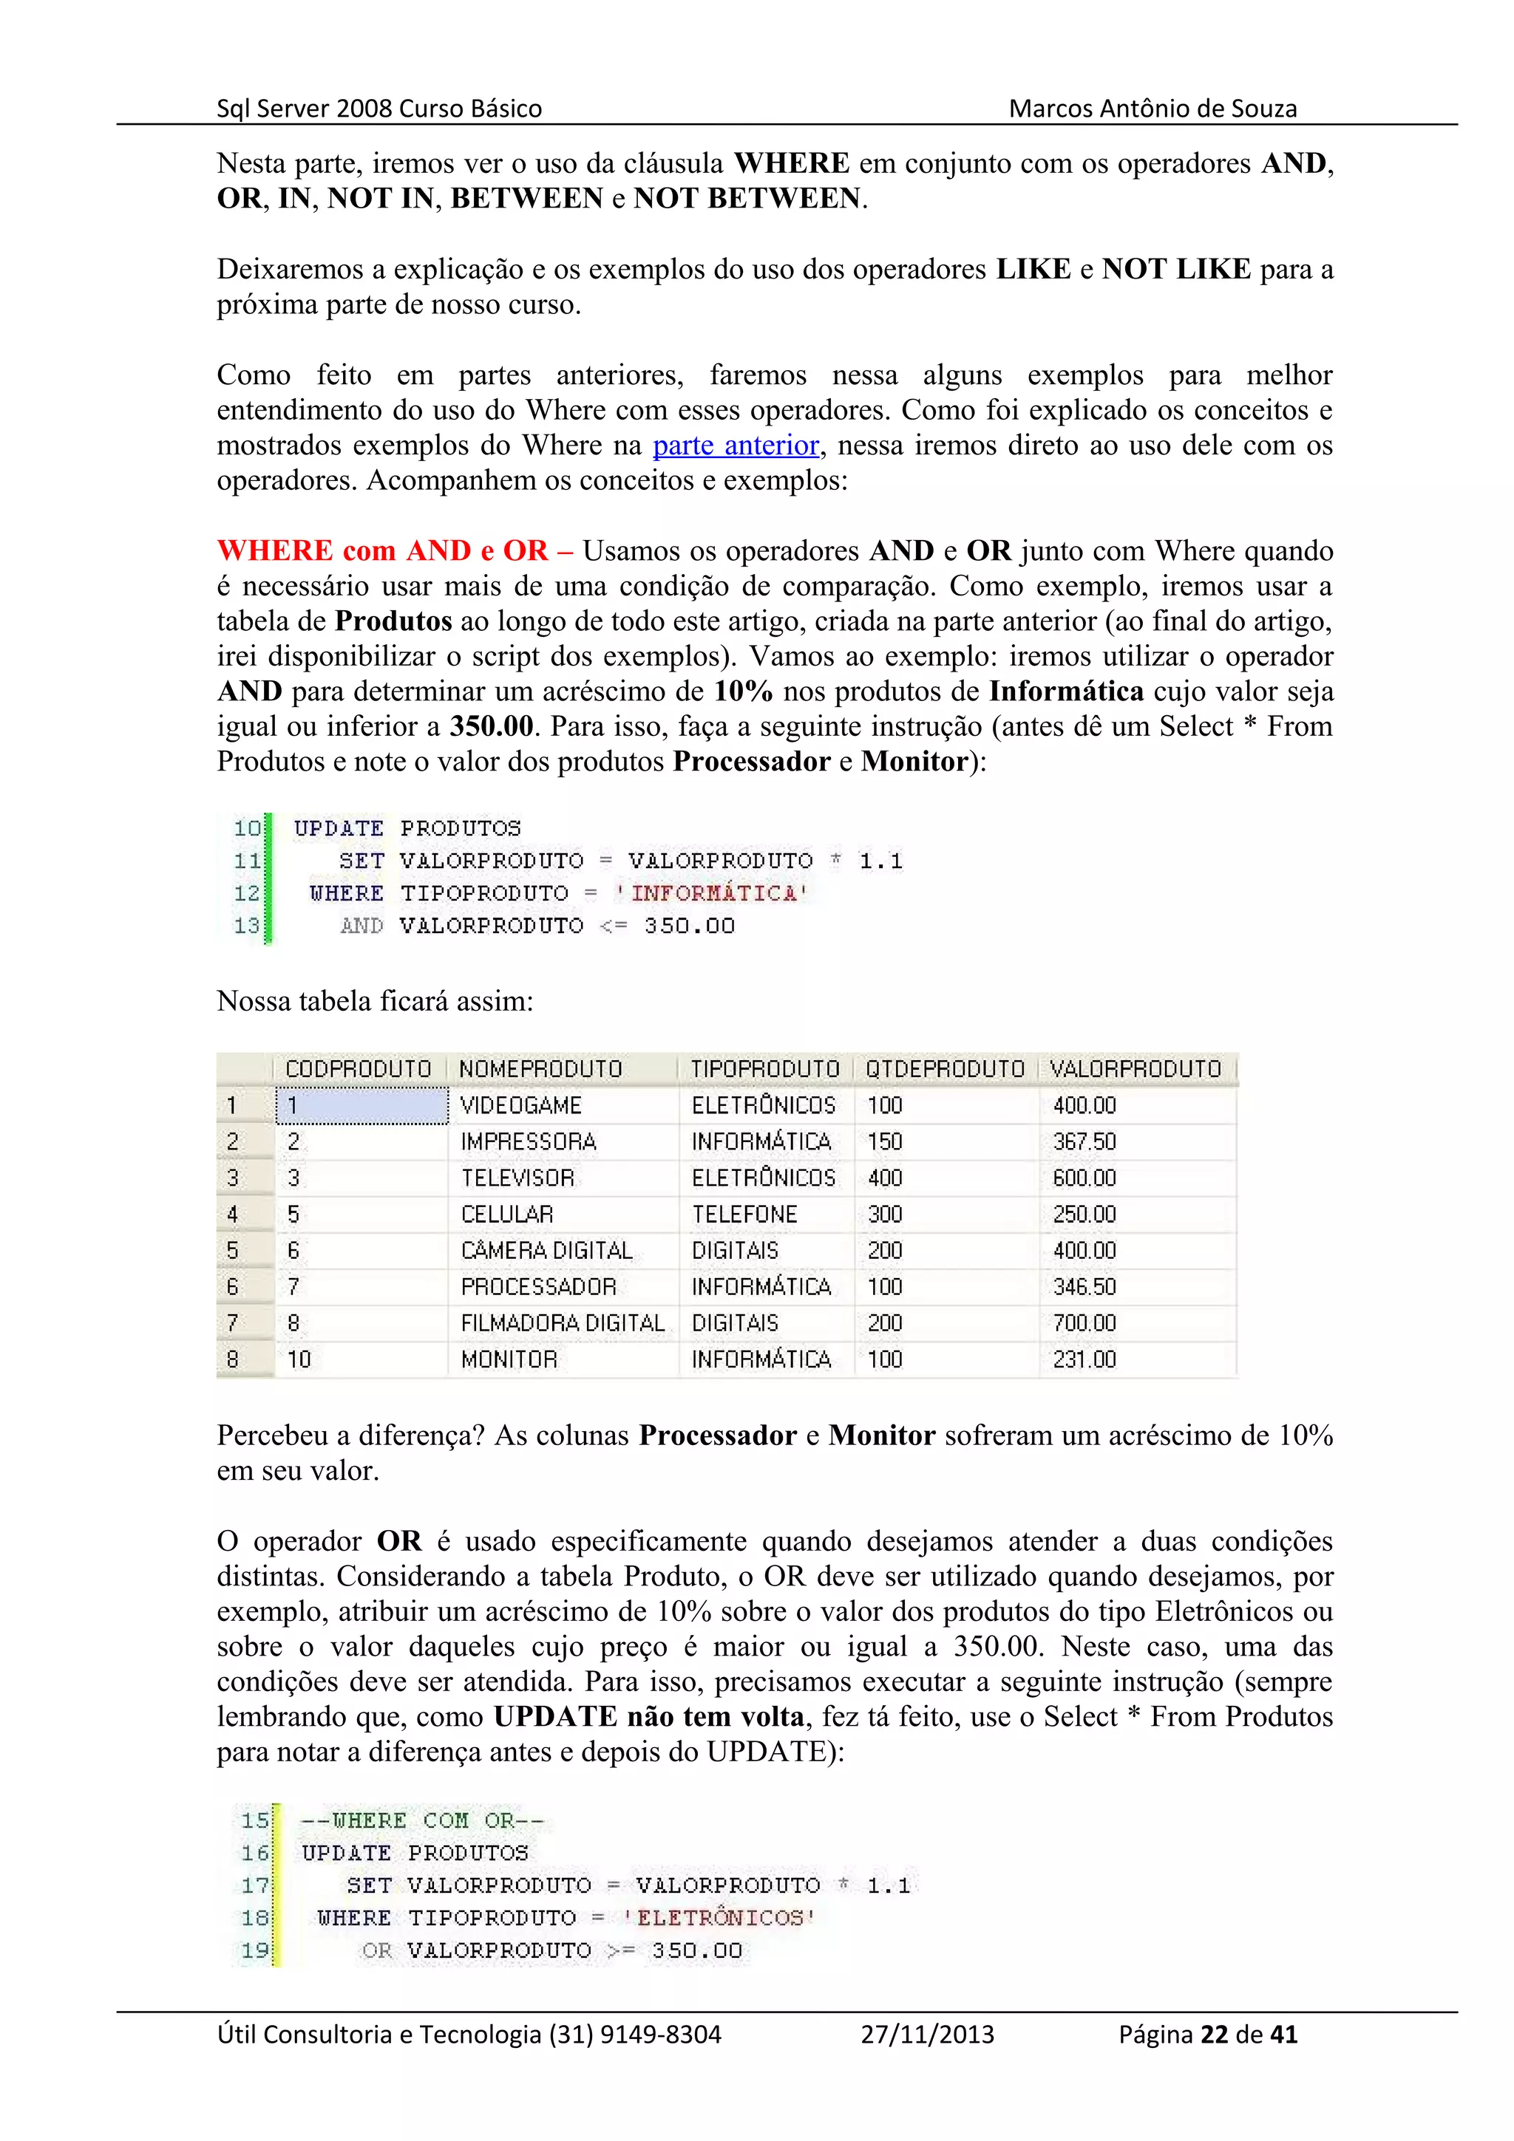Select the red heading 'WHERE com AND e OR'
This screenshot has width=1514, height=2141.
click(381, 551)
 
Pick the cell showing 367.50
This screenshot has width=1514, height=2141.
click(1084, 1141)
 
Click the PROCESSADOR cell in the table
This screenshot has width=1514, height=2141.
click(538, 1287)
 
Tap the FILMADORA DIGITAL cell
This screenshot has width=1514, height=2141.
click(562, 1323)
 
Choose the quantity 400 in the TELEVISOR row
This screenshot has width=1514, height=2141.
click(884, 1178)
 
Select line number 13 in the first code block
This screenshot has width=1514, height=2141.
click(246, 926)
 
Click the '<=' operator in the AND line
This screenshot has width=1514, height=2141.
click(613, 926)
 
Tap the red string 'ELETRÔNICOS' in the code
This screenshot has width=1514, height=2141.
click(719, 1918)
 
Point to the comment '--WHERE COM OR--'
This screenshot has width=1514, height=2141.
click(421, 1820)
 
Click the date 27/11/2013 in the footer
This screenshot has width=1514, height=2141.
click(926, 2034)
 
